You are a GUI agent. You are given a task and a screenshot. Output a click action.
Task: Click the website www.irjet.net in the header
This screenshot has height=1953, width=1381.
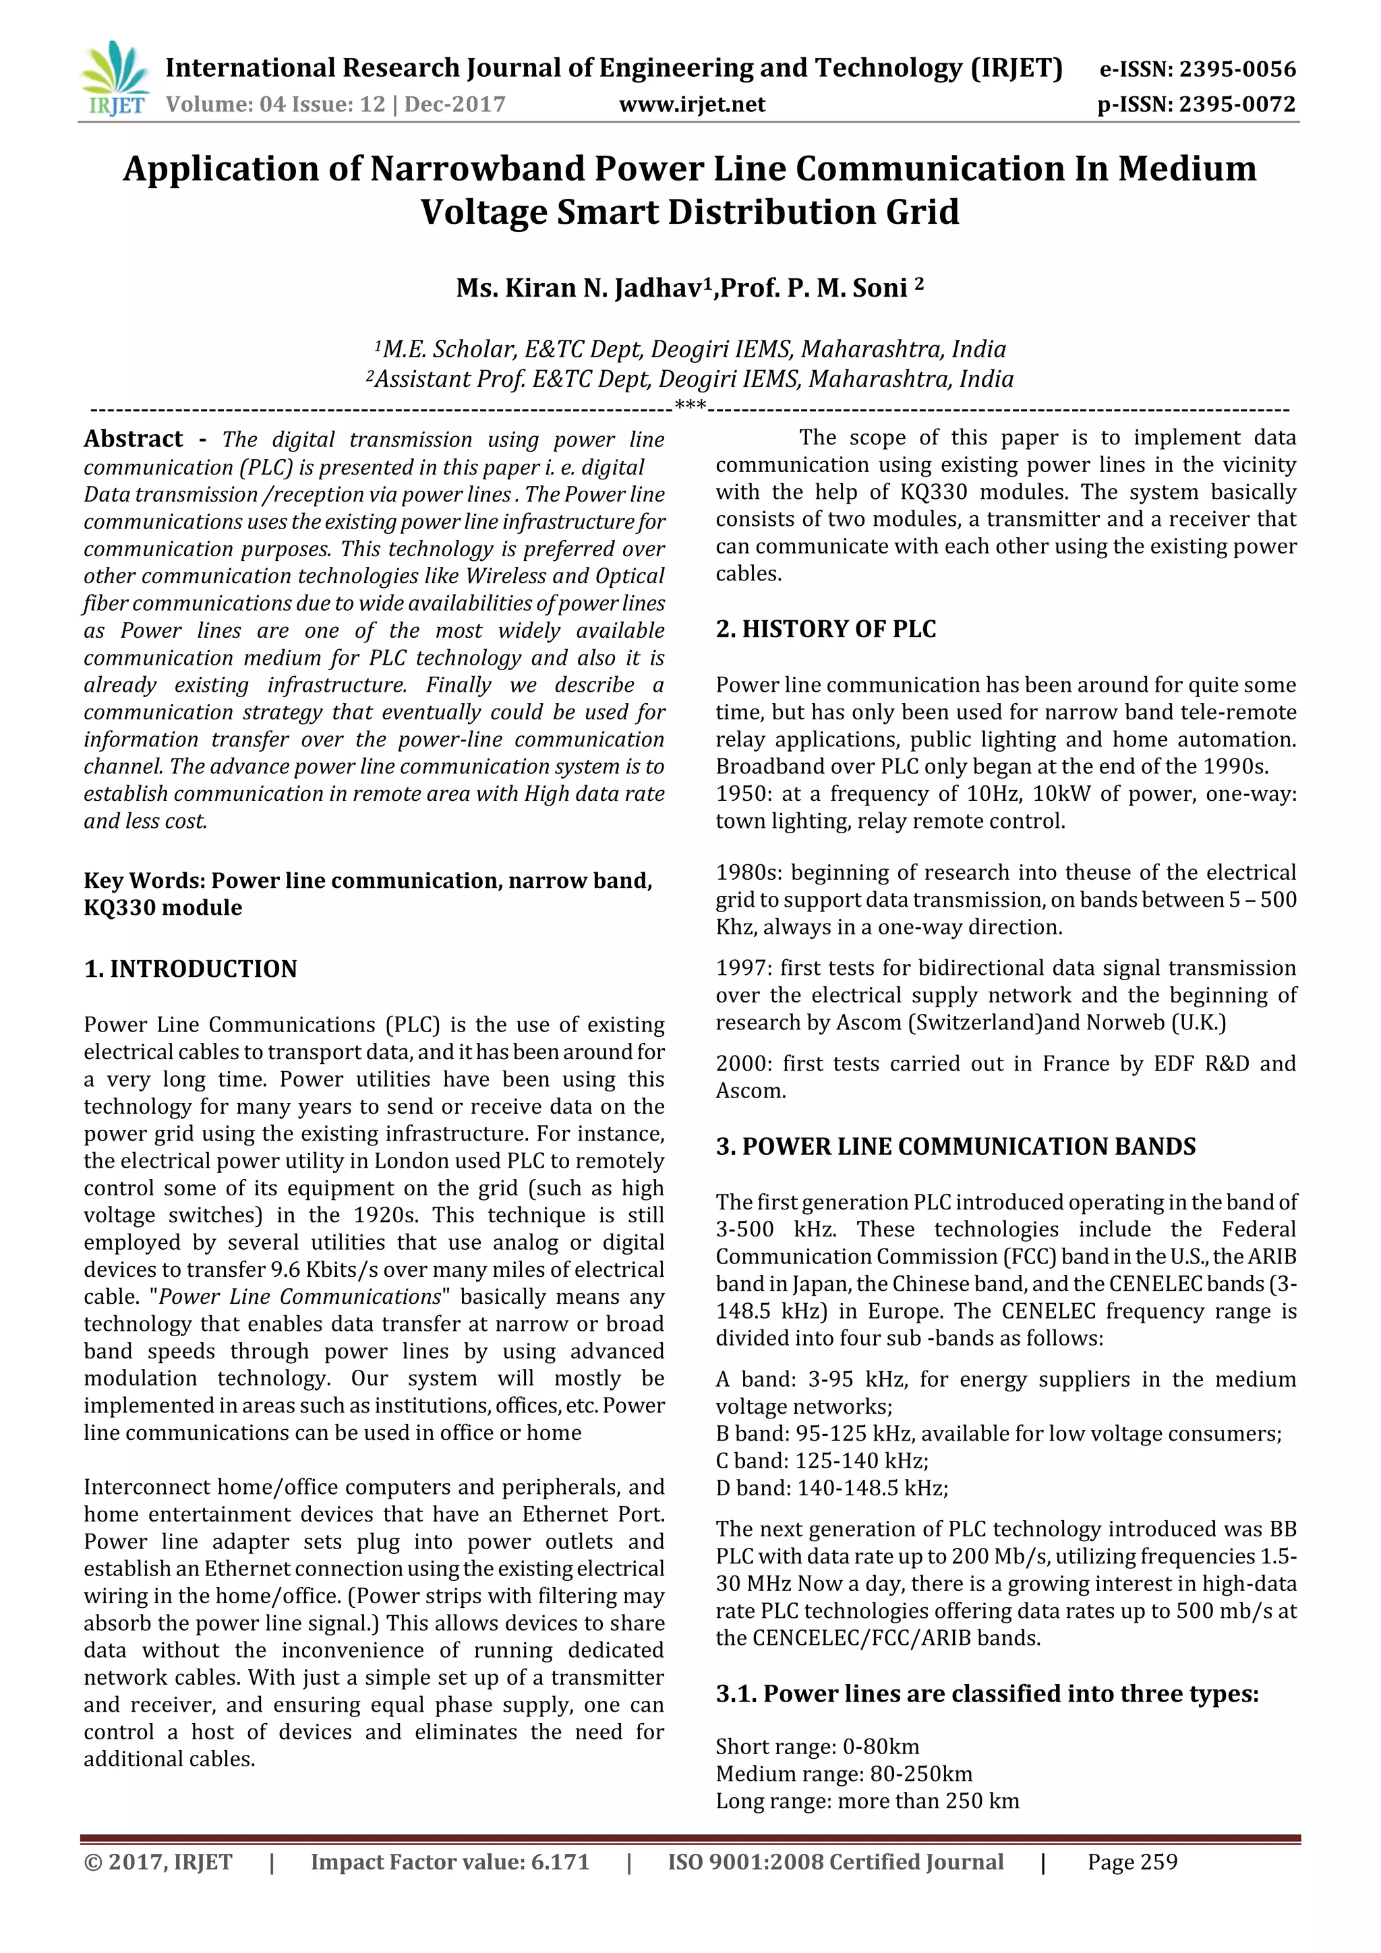click(691, 104)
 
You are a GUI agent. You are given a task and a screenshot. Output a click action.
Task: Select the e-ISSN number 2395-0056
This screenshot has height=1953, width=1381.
click(1236, 69)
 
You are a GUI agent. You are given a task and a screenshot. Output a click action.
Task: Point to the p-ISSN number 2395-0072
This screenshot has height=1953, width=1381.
click(1236, 104)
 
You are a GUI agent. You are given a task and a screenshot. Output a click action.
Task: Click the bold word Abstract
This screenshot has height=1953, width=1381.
click(133, 439)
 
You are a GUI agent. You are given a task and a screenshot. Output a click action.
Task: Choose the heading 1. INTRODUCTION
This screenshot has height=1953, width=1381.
click(191, 969)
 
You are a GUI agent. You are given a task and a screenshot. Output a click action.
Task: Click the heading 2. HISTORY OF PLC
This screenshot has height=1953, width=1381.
click(825, 630)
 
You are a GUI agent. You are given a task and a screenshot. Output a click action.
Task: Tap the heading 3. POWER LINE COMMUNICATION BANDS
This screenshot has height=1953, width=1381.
click(955, 1147)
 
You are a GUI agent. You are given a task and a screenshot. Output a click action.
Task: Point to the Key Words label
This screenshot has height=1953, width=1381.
click(145, 880)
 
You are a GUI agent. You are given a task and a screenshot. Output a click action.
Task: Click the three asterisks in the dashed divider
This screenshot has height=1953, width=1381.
click(689, 407)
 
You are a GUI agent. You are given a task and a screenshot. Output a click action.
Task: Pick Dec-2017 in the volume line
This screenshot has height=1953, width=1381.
click(454, 104)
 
